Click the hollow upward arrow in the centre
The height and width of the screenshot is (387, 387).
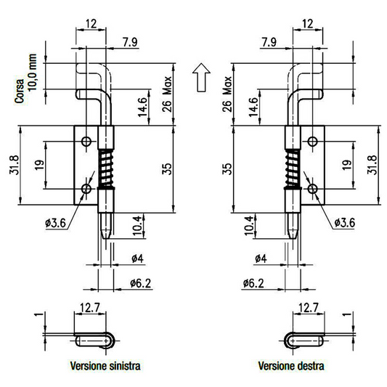pyautogui.click(x=201, y=78)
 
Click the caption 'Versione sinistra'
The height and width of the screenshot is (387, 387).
pyautogui.click(x=105, y=366)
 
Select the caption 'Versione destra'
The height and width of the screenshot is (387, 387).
pyautogui.click(x=291, y=366)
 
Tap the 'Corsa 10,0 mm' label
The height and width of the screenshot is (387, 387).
pyautogui.click(x=25, y=78)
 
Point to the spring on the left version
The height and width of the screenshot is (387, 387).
pyautogui.click(x=106, y=168)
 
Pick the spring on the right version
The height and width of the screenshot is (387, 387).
pyautogui.click(x=293, y=168)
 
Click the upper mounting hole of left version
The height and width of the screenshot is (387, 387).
pyautogui.click(x=86, y=142)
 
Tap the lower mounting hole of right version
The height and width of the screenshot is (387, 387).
pyautogui.click(x=312, y=189)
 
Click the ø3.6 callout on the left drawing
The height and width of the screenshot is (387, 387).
pyautogui.click(x=55, y=224)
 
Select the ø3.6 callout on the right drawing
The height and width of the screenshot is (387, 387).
pyautogui.click(x=345, y=223)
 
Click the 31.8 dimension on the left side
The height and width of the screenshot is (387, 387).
pyautogui.click(x=14, y=165)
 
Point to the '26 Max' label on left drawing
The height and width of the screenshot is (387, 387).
pyautogui.click(x=167, y=94)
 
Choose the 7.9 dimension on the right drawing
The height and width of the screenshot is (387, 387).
pyautogui.click(x=269, y=42)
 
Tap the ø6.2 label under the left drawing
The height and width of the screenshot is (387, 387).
pyautogui.click(x=140, y=283)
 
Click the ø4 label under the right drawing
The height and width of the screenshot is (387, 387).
pyautogui.click(x=261, y=258)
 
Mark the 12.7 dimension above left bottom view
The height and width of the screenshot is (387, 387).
pyautogui.click(x=89, y=308)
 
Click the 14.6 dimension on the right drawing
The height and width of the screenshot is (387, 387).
pyautogui.click(x=253, y=107)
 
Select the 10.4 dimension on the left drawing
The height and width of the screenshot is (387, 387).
pyautogui.click(x=137, y=226)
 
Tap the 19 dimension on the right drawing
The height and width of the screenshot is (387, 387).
pyautogui.click(x=347, y=165)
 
